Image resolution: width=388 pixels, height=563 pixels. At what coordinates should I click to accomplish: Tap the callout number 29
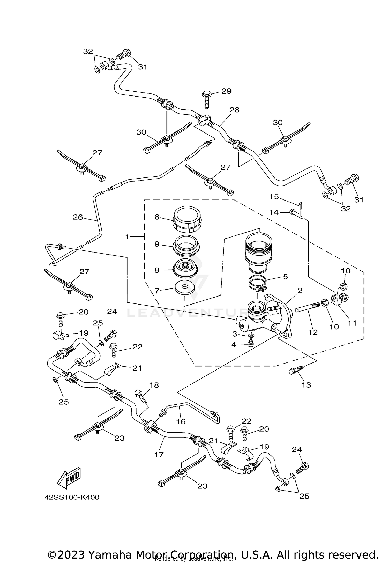[226, 91]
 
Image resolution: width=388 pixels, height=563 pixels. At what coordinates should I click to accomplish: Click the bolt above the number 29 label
[206, 100]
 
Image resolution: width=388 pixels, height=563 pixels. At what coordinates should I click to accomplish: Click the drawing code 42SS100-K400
[72, 497]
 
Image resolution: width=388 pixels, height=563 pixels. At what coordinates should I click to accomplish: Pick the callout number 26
[78, 217]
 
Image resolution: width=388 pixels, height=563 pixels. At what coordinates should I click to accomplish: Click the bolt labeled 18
[140, 396]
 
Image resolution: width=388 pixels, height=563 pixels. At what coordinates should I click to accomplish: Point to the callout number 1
[127, 237]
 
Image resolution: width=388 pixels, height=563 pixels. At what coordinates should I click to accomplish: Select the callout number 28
[234, 110]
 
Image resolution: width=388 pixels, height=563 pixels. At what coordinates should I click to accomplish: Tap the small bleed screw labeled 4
[250, 344]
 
